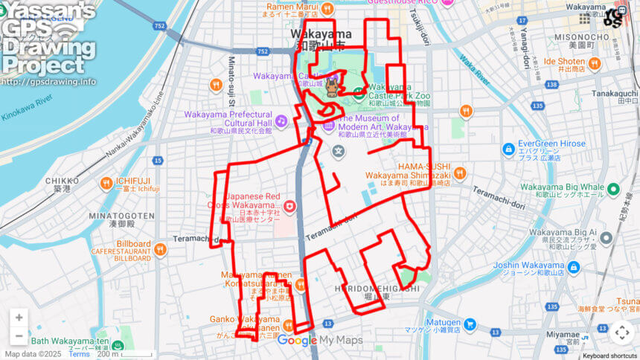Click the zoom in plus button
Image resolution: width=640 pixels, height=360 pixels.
tap(19, 318)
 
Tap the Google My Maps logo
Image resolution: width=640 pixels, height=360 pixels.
tap(320, 341)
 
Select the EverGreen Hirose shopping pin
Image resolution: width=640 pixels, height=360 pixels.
tap(508, 149)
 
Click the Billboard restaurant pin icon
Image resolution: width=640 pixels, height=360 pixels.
tap(160, 249)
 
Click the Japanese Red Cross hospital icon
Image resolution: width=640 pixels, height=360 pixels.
tap(289, 206)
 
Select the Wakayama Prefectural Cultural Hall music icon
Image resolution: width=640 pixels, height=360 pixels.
tap(281, 120)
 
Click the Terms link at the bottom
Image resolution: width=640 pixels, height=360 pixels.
tap(80, 354)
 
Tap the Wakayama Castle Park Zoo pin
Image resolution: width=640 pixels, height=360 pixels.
tap(359, 94)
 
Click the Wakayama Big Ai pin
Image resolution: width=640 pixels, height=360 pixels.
tap(606, 237)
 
